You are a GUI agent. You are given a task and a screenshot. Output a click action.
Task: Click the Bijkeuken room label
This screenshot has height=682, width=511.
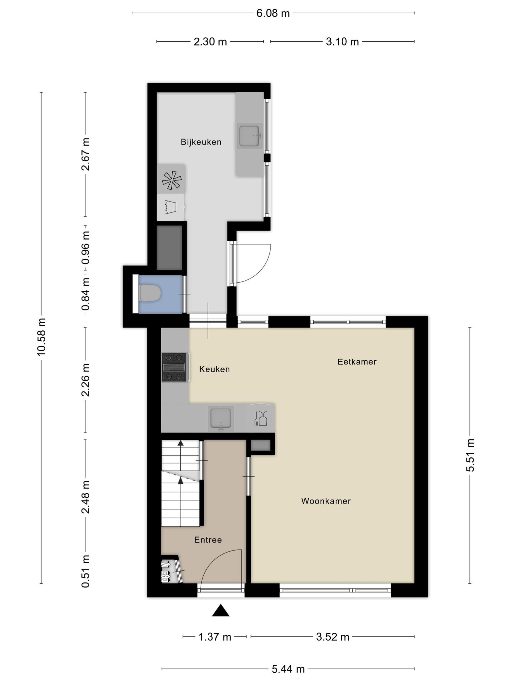201,142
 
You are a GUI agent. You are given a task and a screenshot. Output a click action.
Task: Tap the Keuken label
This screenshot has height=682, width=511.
215,369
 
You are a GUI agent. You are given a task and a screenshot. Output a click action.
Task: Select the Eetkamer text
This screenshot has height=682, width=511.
357,362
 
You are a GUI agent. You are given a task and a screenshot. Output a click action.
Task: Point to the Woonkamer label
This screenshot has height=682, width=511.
326,501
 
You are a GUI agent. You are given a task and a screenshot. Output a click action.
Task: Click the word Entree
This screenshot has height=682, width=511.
208,540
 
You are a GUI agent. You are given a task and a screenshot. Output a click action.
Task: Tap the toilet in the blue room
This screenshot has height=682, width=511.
150,293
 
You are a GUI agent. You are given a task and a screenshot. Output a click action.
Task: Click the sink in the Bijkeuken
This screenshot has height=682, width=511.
250,136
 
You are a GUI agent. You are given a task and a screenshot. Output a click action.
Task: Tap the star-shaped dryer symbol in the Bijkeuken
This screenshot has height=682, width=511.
172,180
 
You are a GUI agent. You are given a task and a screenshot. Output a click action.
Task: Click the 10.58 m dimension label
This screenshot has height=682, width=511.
42,337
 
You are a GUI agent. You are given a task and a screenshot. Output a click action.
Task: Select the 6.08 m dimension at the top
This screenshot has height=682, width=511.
273,13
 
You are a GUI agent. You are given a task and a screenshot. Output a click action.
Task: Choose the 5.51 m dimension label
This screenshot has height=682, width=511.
470,455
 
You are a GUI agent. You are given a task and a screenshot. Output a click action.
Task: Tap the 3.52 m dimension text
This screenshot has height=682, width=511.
333,637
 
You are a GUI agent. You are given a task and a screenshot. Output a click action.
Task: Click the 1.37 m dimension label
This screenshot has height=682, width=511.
215,637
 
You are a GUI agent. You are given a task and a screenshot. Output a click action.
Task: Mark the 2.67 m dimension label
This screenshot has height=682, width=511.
85,154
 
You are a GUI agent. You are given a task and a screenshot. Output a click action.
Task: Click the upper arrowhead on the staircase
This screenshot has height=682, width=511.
181,443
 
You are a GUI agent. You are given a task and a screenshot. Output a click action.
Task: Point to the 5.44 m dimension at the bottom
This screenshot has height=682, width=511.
288,669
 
